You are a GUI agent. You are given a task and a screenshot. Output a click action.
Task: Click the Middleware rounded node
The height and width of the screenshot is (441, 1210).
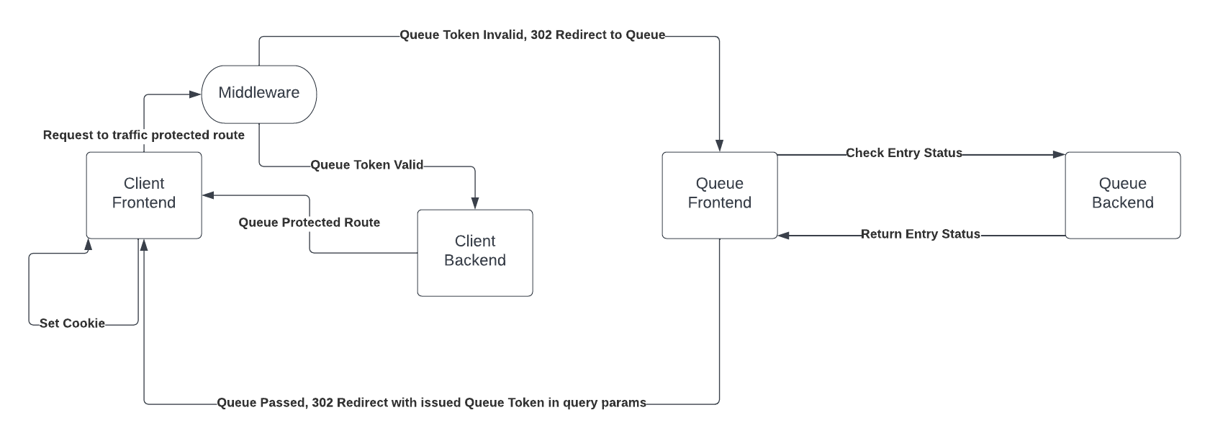[x=258, y=94]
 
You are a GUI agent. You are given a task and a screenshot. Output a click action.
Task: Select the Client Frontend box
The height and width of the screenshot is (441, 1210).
[x=144, y=194]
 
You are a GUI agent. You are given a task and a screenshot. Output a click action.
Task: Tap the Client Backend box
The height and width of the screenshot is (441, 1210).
[x=474, y=251]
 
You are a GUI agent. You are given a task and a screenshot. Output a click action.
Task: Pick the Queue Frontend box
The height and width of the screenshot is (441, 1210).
[x=719, y=194]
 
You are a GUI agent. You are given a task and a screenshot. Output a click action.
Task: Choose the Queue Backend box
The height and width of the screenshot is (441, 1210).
[x=1122, y=194]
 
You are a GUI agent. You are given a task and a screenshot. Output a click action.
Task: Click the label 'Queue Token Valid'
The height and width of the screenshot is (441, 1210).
[x=366, y=165]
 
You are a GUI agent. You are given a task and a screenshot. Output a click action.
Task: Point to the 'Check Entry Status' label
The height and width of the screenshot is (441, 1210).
[x=903, y=153]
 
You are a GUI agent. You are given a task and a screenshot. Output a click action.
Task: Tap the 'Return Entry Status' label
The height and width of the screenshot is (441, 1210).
[x=920, y=234]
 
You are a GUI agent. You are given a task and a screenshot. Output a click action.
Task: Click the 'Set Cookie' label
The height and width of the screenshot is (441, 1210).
[x=72, y=324]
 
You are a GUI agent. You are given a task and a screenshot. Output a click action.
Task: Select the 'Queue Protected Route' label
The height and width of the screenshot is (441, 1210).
[x=309, y=223]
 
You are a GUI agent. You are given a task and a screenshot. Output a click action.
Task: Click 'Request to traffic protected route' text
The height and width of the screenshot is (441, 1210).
[x=143, y=135]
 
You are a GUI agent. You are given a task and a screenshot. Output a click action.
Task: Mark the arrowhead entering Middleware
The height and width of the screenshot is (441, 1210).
[x=195, y=94]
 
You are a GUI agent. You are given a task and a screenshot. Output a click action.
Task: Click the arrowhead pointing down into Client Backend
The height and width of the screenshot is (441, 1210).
[x=475, y=204]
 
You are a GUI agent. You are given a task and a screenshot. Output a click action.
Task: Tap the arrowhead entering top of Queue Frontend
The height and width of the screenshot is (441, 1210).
[x=719, y=146]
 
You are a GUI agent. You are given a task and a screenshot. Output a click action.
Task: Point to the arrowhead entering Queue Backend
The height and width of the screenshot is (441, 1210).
[x=1059, y=154]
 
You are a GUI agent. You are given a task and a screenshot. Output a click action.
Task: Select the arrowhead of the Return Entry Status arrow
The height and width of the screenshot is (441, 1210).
[x=784, y=235]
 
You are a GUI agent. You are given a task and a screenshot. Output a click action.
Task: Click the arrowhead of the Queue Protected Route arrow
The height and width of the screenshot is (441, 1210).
[x=208, y=195]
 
